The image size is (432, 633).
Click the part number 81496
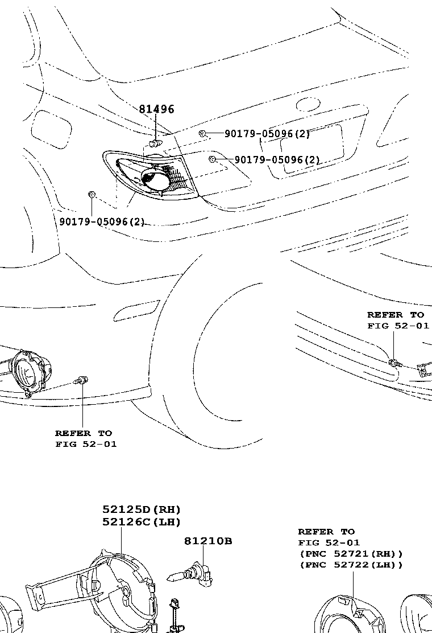click(156, 109)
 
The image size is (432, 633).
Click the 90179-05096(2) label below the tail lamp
click(102, 221)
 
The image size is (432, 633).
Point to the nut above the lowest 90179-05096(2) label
click(91, 195)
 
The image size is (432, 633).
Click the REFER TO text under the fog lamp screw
click(84, 433)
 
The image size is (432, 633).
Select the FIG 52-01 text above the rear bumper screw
click(398, 326)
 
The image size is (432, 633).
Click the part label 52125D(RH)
click(142, 509)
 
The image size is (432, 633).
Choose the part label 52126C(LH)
click(142, 521)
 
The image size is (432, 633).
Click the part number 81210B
click(207, 541)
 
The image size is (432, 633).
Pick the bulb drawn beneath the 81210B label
click(193, 573)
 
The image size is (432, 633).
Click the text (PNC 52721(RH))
click(351, 553)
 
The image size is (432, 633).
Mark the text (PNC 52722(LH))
click(351, 565)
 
